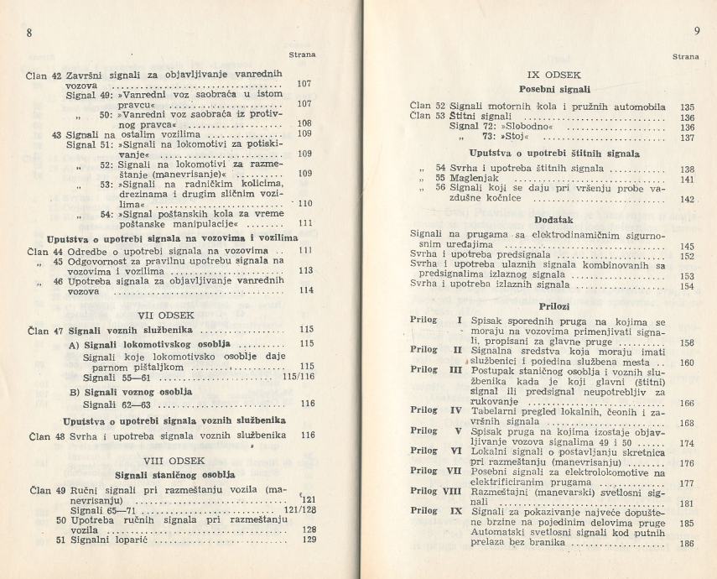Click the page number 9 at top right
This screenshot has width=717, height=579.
coord(697,33)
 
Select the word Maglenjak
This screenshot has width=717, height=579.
coord(476,180)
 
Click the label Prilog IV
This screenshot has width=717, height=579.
coord(437,411)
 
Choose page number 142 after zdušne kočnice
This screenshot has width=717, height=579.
coord(688,200)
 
